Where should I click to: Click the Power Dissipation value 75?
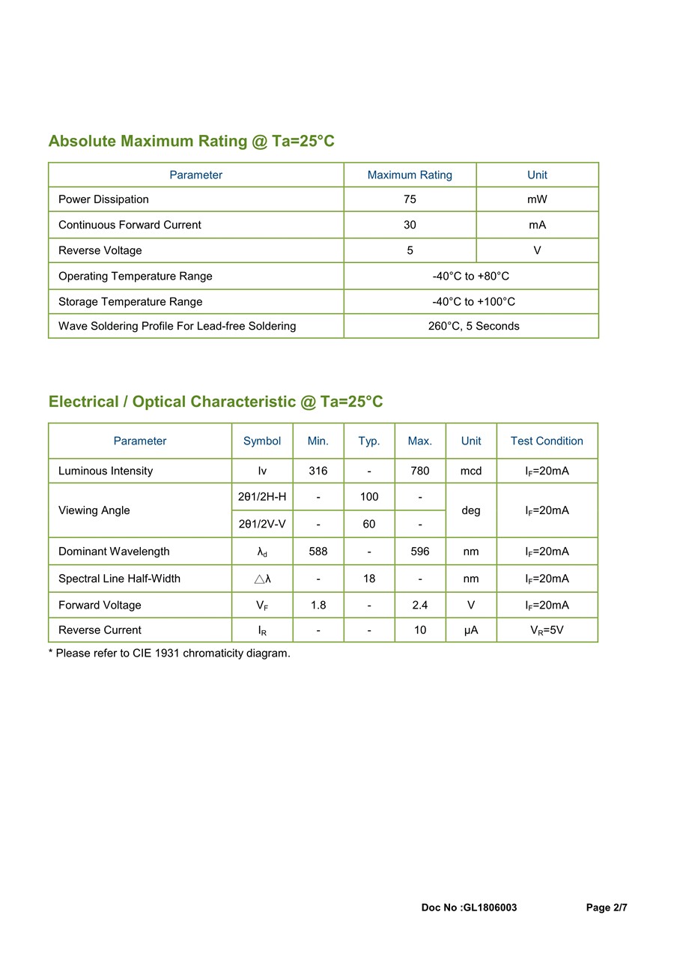pos(410,199)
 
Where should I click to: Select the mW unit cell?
pos(537,199)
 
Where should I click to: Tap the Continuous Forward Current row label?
pos(130,225)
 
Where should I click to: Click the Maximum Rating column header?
pos(410,175)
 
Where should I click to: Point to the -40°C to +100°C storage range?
pos(473,301)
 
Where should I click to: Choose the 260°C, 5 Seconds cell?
pos(473,326)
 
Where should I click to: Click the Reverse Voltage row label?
pos(100,250)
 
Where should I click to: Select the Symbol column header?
pos(262,441)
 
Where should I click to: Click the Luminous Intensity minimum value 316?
pos(318,471)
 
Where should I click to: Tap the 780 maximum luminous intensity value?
pos(420,471)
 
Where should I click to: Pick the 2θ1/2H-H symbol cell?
pos(262,497)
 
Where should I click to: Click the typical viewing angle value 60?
pos(369,524)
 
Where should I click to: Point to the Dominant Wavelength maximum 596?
pos(420,552)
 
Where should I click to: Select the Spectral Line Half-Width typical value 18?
pos(369,579)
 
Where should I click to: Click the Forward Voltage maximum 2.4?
pos(420,605)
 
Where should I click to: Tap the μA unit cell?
pos(471,630)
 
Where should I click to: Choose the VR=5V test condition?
pos(547,630)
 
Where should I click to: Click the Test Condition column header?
pos(547,441)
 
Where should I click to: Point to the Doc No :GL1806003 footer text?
pos(469,908)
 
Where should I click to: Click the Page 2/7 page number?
pos(607,908)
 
